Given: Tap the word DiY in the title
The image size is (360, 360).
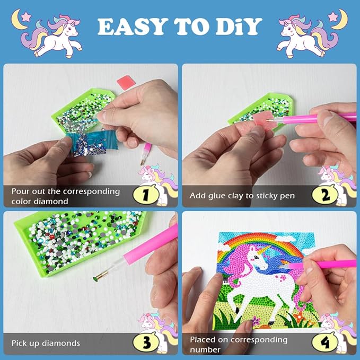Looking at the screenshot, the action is click(239, 27).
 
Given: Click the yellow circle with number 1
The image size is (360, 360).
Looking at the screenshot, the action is click(146, 195).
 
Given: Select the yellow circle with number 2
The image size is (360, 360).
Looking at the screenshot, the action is click(324, 195).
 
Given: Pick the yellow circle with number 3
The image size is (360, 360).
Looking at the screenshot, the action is click(146, 342).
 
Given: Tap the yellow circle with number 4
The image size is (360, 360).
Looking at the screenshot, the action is click(324, 342).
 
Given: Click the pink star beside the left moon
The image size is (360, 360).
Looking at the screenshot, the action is click(25, 16).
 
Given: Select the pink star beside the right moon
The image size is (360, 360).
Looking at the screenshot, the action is click(333, 16).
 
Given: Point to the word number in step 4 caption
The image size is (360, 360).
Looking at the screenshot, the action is click(205, 349).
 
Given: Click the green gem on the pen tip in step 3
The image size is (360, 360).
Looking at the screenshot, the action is click(95, 279).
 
